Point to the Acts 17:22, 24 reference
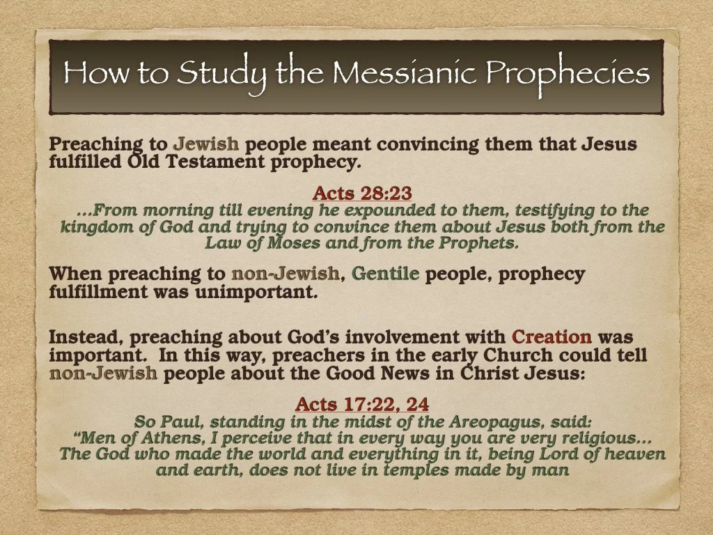(362, 404)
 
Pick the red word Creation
(551, 338)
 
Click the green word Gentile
(385, 274)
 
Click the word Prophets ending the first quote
(478, 243)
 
